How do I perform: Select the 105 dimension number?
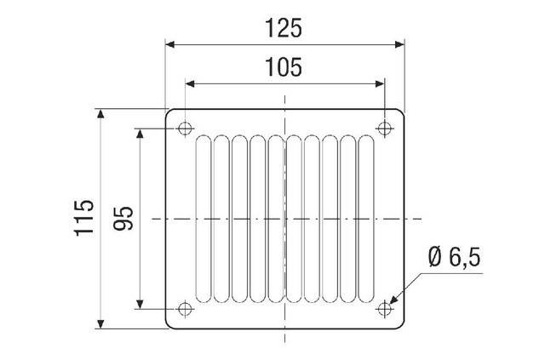tap(284, 67)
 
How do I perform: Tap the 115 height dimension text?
tap(83, 219)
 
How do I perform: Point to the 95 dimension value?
tap(124, 219)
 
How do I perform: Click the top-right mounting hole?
tap(386, 129)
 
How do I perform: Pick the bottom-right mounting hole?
tap(386, 308)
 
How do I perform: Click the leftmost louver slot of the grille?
tap(204, 219)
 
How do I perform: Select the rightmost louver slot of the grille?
tap(367, 219)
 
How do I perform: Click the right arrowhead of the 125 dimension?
tap(399, 42)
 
